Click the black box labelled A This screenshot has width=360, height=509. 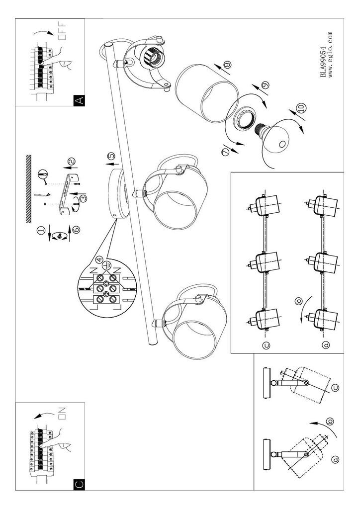79,100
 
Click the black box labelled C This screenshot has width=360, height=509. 79,485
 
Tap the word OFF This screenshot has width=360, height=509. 62,30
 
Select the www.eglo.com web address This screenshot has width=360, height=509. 331,54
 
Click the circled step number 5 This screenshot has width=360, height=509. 111,156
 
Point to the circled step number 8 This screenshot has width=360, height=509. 228,64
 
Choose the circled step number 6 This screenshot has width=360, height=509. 77,230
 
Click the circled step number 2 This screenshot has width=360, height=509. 71,161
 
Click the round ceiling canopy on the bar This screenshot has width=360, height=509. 118,194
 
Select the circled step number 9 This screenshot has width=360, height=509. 266,85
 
